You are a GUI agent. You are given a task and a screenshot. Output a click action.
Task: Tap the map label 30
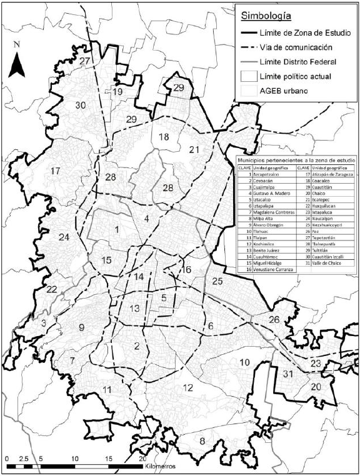[80, 105]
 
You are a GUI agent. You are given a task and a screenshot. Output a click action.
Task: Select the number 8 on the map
[201, 442]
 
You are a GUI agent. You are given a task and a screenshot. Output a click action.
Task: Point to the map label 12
[187, 388]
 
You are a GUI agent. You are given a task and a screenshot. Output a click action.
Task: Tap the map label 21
[194, 149]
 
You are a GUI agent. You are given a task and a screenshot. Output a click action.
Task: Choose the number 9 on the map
[81, 327]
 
